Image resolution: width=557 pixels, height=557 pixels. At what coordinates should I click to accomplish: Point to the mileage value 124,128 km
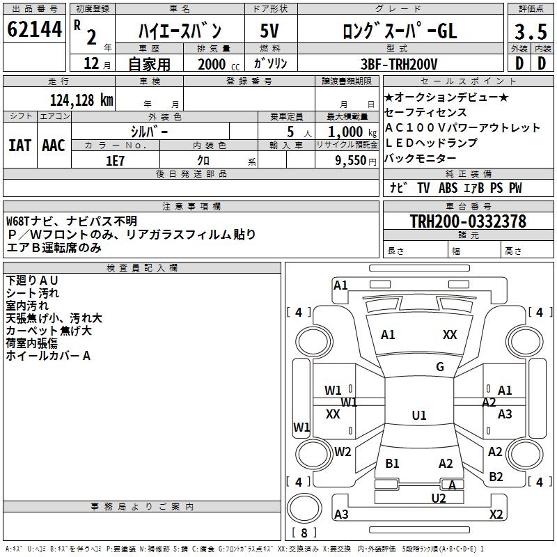pyautogui.click(x=81, y=100)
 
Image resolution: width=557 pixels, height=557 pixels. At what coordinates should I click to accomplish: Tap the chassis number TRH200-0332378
pyautogui.click(x=468, y=221)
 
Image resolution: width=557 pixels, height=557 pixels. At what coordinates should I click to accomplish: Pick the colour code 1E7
pyautogui.click(x=115, y=160)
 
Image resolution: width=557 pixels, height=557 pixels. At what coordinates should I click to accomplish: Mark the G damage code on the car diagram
pyautogui.click(x=439, y=367)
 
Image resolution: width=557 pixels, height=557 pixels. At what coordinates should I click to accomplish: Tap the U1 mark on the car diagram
pyautogui.click(x=418, y=416)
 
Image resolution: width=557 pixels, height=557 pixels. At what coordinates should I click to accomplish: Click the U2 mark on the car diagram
pyautogui.click(x=438, y=498)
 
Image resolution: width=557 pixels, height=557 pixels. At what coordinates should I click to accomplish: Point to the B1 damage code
pyautogui.click(x=392, y=464)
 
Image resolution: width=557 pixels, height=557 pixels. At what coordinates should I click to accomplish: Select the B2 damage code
pyautogui.click(x=496, y=477)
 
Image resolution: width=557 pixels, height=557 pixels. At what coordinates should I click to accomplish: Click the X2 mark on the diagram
pyautogui.click(x=496, y=515)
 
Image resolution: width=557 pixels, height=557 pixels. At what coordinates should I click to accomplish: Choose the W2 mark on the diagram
pyautogui.click(x=343, y=452)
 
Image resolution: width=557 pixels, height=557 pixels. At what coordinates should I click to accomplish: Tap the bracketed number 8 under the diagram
pyautogui.click(x=304, y=533)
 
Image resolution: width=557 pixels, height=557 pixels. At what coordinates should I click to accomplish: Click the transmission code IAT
pyautogui.click(x=19, y=146)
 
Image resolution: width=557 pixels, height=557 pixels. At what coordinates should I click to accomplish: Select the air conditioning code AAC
pyautogui.click(x=54, y=146)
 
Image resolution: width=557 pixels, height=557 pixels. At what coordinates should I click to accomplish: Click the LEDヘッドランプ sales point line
pyautogui.click(x=431, y=143)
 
